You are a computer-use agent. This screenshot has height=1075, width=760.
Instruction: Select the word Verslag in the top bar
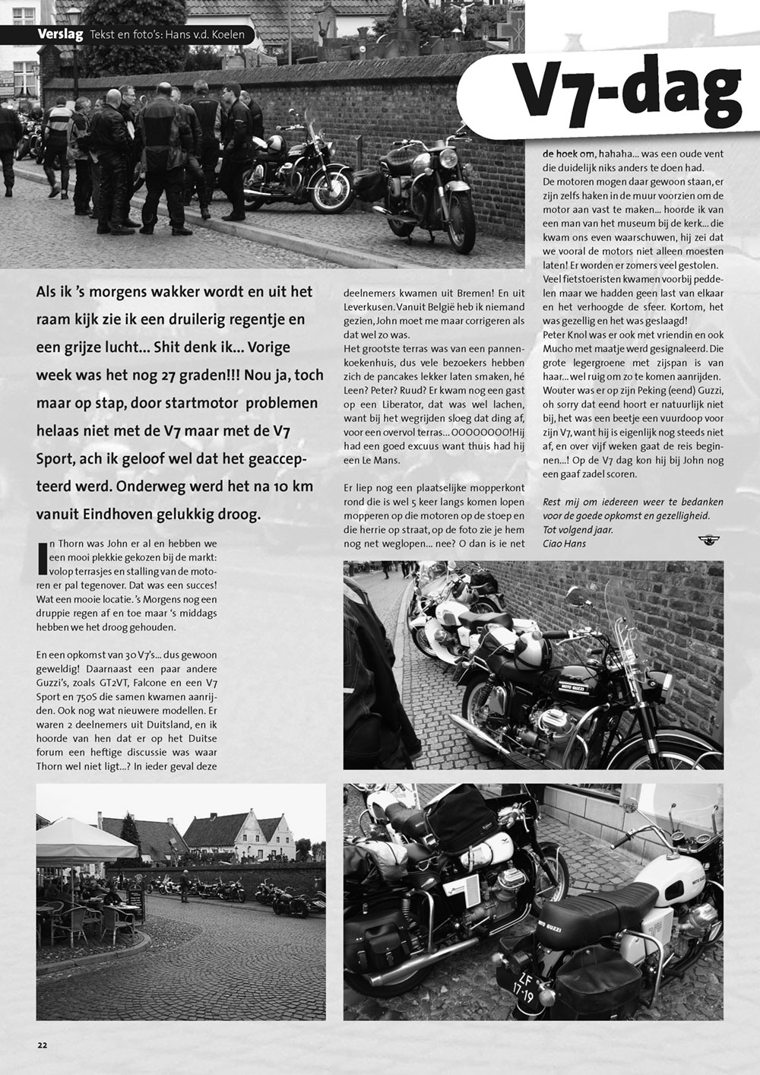pyautogui.click(x=61, y=35)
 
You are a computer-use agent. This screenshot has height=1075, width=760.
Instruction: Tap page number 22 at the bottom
pyautogui.click(x=42, y=1043)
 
